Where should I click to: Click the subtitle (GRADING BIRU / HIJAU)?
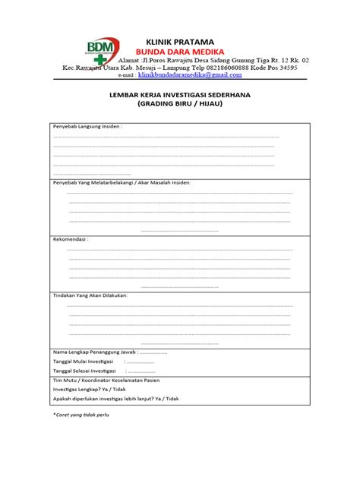(180, 106)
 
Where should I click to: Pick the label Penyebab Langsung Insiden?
(87, 126)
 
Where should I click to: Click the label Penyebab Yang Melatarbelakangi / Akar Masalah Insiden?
(122, 182)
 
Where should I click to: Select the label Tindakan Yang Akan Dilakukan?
(90, 295)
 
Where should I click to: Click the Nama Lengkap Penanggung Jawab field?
(109, 352)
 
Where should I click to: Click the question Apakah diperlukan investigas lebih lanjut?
(114, 399)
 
